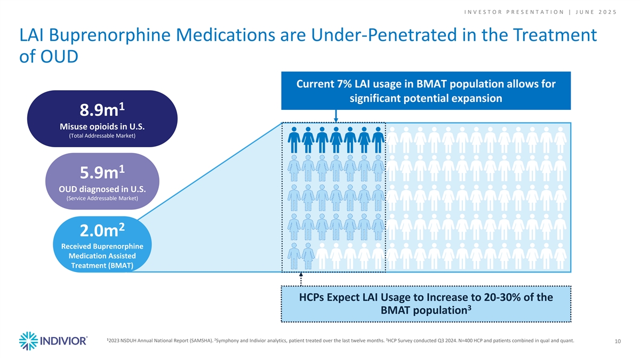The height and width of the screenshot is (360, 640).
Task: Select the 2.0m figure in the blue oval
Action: click(x=99, y=231)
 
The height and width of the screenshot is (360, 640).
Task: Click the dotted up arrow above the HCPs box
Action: click(x=301, y=279)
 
